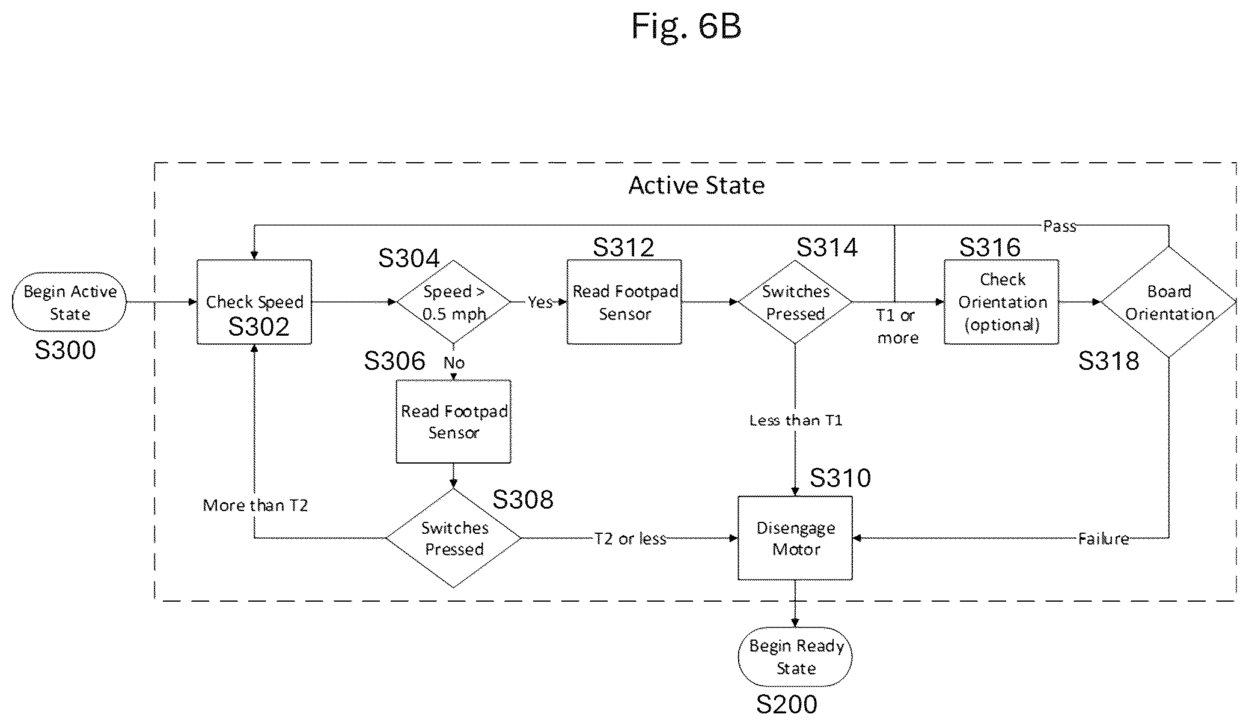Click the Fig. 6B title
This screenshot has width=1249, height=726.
coord(686,27)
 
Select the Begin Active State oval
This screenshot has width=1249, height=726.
coord(69,302)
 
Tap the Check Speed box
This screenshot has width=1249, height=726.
coord(254,302)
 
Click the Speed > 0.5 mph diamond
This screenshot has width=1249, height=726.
coord(453,302)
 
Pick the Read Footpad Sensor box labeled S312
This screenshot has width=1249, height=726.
coord(624,302)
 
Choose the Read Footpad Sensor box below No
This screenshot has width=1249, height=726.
coord(454,422)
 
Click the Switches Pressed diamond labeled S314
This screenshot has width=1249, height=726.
coord(795,302)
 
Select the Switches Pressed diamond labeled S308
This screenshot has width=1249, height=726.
coord(453,538)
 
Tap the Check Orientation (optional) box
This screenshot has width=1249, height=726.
coord(1001,302)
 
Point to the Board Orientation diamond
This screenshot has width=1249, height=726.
coord(1169,302)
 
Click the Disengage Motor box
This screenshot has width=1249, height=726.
coord(795,538)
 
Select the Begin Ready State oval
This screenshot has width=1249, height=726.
coord(795,657)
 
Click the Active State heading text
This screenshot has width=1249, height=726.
coord(697,185)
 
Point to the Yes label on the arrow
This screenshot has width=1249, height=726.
coord(540,302)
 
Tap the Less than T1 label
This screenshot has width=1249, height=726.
coord(796,420)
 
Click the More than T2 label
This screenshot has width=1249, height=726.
coord(255,506)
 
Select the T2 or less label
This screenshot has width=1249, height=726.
coord(631,539)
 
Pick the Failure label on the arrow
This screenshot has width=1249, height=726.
coord(1104,539)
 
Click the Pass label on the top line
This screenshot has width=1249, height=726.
coord(1060,226)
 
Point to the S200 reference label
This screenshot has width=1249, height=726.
coord(787,704)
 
